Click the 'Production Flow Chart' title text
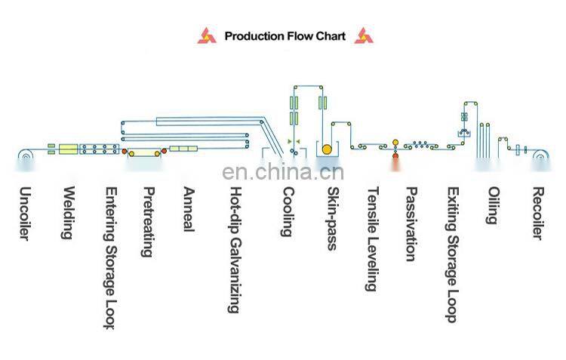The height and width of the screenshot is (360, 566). tap(285, 36)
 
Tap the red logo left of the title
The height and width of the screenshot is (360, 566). tap(207, 35)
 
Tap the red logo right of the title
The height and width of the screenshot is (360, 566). tap(364, 35)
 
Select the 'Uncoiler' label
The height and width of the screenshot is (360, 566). tap(24, 214)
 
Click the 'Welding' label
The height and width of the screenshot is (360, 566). tap(69, 213)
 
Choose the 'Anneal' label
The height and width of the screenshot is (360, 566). tap(189, 209)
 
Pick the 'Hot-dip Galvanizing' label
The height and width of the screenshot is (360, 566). tap(235, 250)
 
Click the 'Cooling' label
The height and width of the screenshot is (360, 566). tap(288, 211)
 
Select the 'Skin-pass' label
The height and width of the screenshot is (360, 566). tap(333, 218)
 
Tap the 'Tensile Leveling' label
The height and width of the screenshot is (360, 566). tap(373, 239)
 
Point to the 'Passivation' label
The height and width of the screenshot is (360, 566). tap(411, 224)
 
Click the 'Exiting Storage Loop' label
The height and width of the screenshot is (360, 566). tap(452, 254)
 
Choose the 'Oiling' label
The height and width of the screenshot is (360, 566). tap(493, 205)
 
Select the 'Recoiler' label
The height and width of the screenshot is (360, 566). tap(537, 213)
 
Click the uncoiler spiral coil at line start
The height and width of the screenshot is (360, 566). tap(26, 156)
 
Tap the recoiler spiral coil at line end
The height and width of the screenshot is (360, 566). tap(541, 157)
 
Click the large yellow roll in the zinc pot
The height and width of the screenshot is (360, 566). tap(327, 149)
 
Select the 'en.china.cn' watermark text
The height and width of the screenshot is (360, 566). tap(283, 172)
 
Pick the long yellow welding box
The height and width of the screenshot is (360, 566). tap(69, 149)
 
